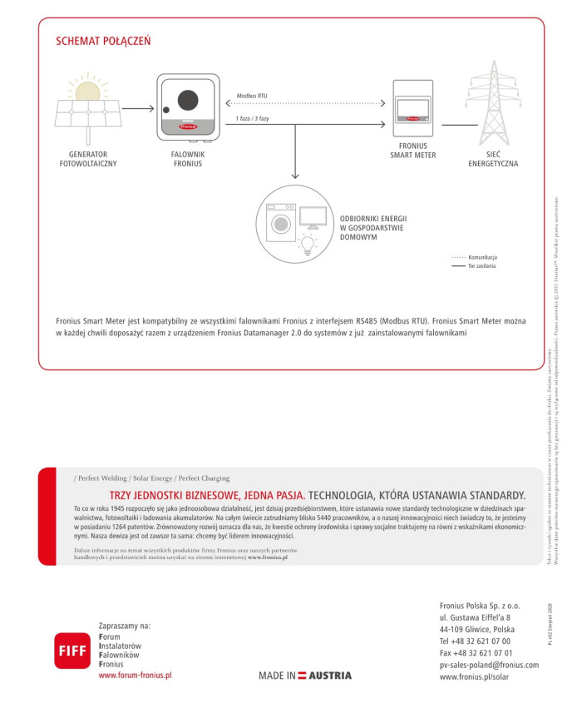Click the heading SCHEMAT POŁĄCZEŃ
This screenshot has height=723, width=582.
coord(103,41)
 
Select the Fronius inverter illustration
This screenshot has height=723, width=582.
coord(188,108)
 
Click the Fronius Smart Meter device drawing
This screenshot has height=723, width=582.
coord(413,109)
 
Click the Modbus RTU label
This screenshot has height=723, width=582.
coord(252,97)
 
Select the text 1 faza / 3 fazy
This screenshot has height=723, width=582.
coord(253,119)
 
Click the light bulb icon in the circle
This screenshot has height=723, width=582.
coord(308,244)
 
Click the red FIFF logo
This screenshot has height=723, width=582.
coord(71,650)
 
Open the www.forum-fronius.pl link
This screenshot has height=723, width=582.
coord(135,676)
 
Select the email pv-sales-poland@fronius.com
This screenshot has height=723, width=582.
coord(489,665)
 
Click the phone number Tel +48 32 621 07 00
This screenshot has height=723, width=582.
coord(475,641)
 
